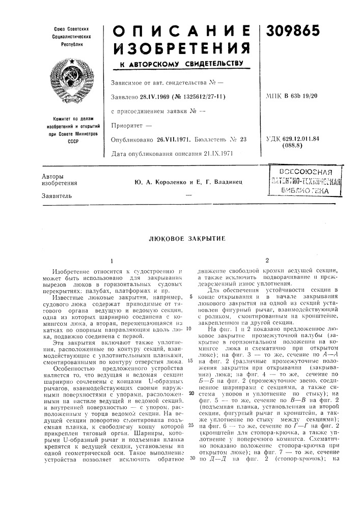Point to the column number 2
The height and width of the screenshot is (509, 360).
click(x=267, y=260)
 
